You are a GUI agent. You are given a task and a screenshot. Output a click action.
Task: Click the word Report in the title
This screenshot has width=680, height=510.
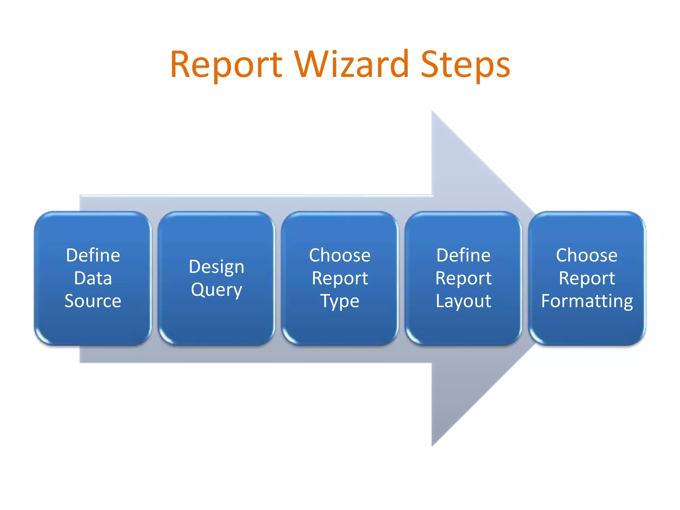pyautogui.click(x=226, y=65)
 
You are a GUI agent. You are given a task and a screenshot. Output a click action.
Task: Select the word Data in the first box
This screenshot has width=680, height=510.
pyautogui.click(x=93, y=278)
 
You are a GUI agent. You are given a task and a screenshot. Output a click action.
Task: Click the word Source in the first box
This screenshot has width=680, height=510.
pyautogui.click(x=93, y=301)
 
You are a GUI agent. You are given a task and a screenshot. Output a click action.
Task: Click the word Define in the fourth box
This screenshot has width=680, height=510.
pyautogui.click(x=463, y=255)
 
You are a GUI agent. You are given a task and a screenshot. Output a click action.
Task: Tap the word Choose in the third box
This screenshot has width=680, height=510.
pyautogui.click(x=340, y=255)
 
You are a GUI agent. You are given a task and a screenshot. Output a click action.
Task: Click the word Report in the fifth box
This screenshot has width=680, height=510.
pyautogui.click(x=587, y=278)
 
